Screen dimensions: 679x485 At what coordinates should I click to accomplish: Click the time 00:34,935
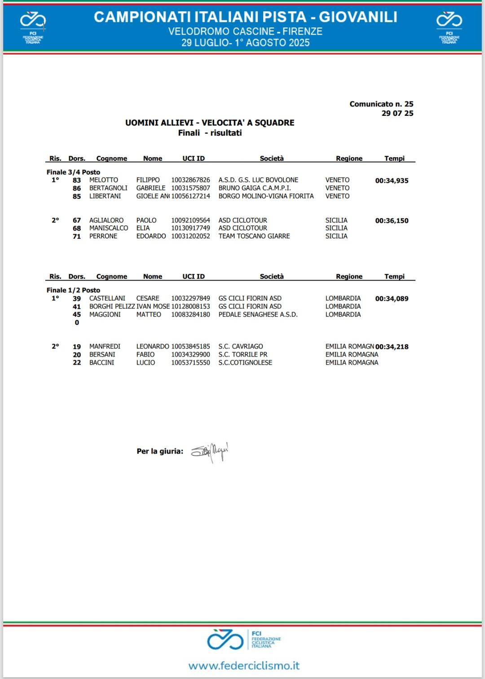(392, 181)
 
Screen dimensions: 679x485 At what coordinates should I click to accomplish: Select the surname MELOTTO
(104, 180)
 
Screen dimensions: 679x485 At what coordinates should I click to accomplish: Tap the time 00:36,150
(392, 220)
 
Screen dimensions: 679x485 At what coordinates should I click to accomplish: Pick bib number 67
(77, 220)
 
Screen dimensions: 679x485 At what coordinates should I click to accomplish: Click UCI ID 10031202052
(190, 236)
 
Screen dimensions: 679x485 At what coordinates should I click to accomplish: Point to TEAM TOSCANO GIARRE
(254, 236)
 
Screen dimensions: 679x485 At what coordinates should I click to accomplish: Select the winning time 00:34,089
(392, 299)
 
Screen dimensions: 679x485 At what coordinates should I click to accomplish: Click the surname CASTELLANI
(107, 299)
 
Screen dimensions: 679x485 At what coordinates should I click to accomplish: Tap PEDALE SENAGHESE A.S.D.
(258, 315)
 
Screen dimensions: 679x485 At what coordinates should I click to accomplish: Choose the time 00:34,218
(392, 347)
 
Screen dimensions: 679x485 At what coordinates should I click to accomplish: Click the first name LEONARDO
(153, 347)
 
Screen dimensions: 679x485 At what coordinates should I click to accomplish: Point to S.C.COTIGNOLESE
(245, 363)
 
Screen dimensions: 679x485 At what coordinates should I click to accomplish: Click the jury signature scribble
(210, 451)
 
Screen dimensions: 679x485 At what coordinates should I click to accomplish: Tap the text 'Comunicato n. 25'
(381, 104)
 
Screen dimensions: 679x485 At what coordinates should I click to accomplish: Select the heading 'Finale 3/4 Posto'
(73, 172)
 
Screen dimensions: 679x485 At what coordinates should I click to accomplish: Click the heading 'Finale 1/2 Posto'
(73, 290)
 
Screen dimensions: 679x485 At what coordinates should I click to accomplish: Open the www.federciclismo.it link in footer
(244, 665)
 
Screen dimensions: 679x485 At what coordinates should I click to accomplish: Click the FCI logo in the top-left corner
(33, 26)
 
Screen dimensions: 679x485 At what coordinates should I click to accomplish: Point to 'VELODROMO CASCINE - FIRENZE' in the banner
(245, 31)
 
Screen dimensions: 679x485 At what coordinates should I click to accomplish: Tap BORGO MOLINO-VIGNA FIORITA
(266, 196)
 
